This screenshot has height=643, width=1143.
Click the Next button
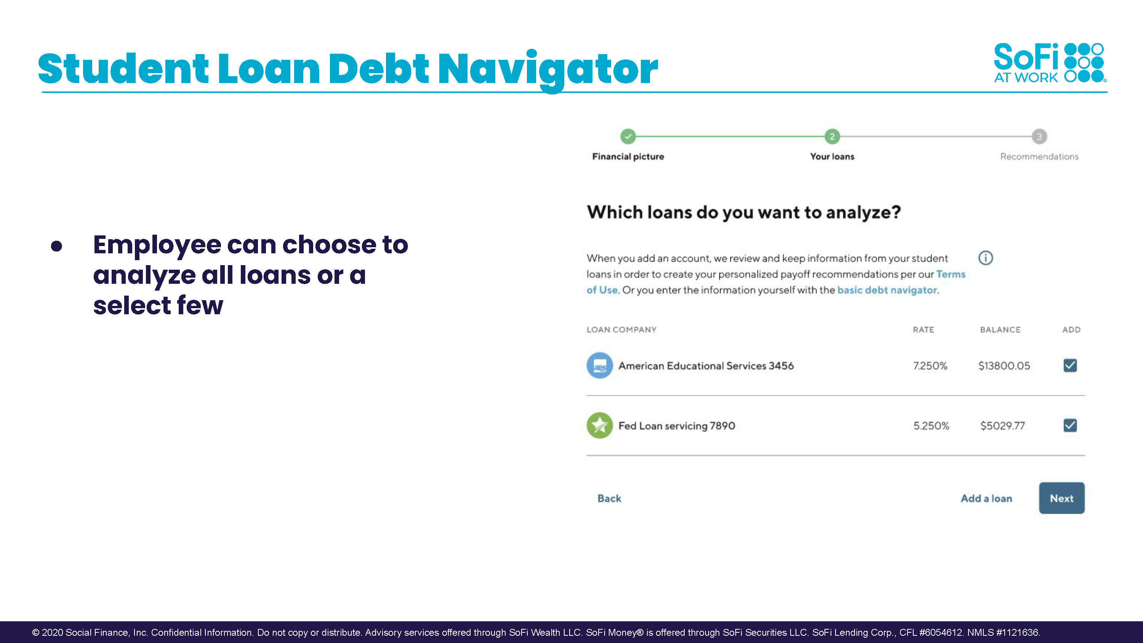pos(1061,498)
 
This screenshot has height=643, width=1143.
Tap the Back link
pos(609,498)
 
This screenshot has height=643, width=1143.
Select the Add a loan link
pos(986,498)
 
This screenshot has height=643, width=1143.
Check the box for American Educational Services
pos(1070,365)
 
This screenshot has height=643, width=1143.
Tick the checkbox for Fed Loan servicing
pos(1070,425)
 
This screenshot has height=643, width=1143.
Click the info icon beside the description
pos(986,258)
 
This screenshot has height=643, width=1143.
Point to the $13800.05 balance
pos(1004,366)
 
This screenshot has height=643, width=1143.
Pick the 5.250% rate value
pos(931,425)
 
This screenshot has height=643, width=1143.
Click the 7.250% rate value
pos(930,366)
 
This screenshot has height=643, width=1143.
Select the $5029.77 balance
pos(1002,425)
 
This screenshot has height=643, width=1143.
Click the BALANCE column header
pos(1000,330)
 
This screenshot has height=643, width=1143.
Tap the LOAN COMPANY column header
pos(621,330)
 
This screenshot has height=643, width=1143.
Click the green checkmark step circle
pos(628,136)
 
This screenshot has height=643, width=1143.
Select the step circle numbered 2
pos(832,136)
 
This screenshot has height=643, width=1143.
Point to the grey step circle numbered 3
pos(1039,136)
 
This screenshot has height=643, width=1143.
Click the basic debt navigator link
pos(887,290)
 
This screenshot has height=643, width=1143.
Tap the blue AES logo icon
pos(599,365)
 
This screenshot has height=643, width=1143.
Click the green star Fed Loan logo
pos(599,425)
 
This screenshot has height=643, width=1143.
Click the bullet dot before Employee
pos(56,246)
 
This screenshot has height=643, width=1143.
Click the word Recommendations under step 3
pos(1039,156)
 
